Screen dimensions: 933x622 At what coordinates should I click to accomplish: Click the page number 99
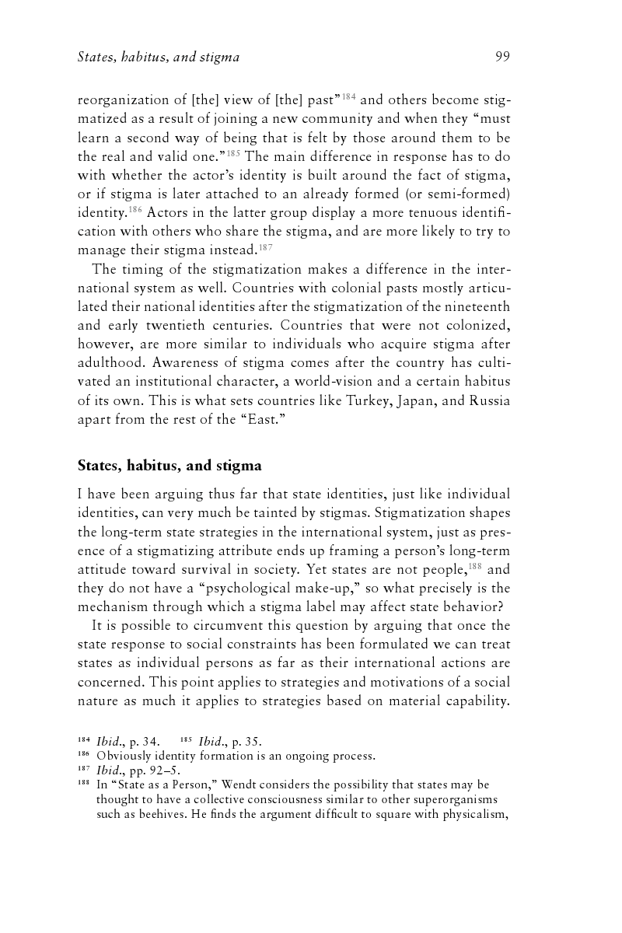pyautogui.click(x=501, y=57)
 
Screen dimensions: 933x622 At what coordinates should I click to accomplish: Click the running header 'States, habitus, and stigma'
pyautogui.click(x=159, y=57)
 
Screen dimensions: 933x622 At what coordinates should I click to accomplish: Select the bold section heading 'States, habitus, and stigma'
pyautogui.click(x=169, y=466)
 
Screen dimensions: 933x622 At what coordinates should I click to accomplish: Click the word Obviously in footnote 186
pyautogui.click(x=124, y=755)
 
